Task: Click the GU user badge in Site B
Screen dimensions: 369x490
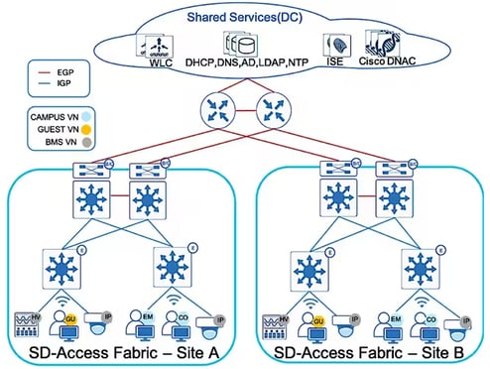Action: pyautogui.click(x=319, y=323)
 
